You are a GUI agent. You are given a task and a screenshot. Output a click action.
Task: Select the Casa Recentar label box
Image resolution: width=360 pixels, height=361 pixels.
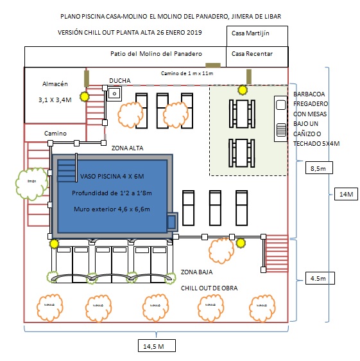point(257,55)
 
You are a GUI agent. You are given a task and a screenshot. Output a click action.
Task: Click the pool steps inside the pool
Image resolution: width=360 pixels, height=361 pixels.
point(67,171)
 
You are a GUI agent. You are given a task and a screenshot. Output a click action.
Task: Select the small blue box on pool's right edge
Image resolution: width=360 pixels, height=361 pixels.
point(171,221)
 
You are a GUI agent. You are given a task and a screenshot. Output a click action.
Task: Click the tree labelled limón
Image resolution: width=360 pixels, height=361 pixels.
point(31,182)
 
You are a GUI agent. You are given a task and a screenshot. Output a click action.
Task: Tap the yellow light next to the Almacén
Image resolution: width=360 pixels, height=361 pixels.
point(84,97)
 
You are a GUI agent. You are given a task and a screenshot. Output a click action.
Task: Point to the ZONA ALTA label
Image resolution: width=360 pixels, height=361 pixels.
point(127,148)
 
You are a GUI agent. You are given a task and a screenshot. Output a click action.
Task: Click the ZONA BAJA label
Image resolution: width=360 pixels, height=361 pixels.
point(196,272)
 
